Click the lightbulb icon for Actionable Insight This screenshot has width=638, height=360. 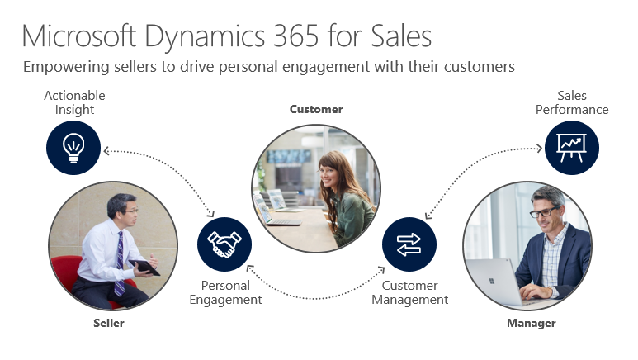pos(73,147)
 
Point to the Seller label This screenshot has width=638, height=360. pos(109,323)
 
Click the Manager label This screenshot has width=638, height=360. pos(531,323)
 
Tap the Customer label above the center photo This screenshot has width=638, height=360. pos(315,109)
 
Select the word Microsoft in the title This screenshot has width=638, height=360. pos(80,36)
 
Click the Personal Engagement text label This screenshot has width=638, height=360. pos(225,292)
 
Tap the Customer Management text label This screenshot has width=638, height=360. pos(409,292)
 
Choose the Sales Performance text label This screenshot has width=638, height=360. pos(571,102)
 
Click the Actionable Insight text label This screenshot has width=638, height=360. pos(74,102)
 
